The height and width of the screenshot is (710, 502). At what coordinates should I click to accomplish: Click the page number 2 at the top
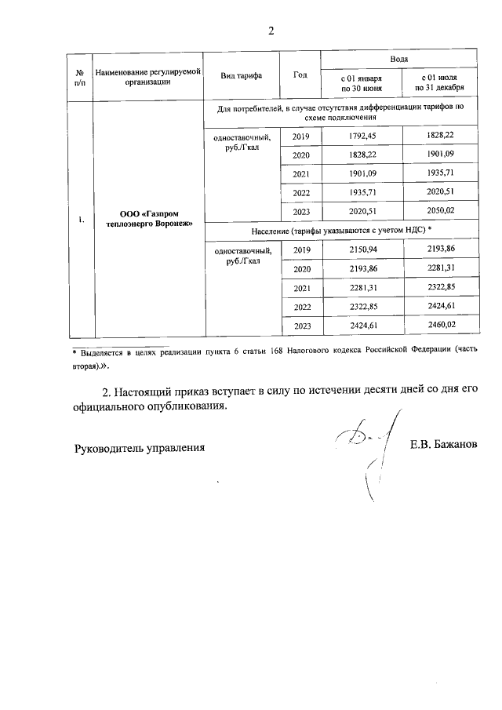pos(271,31)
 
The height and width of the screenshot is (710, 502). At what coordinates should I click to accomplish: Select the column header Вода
pos(400,60)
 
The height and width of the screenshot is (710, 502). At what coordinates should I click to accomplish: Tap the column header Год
pos(300,75)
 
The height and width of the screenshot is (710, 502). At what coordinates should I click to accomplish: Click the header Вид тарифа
pos(242,75)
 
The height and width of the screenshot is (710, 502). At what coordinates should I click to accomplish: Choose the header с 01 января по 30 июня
pos(360,83)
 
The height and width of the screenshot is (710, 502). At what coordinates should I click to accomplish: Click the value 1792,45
pos(360,137)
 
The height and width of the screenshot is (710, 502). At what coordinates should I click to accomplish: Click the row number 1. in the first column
pos(81,219)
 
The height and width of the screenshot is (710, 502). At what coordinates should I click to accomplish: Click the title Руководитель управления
pos(139,448)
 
